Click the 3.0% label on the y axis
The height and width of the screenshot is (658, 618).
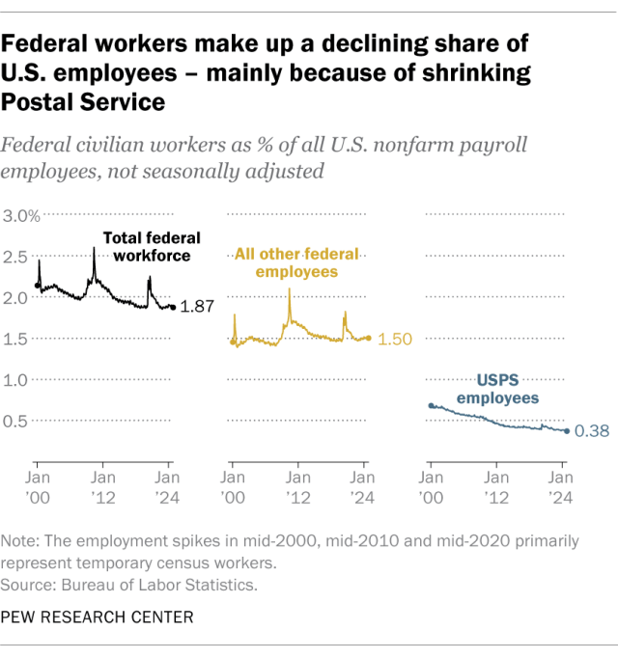[20, 215]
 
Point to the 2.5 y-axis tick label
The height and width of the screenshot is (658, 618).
[16, 257]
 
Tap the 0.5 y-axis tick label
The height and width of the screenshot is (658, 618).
[16, 421]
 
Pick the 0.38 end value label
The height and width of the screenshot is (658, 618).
[591, 431]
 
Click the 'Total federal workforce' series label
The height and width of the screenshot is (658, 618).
[147, 246]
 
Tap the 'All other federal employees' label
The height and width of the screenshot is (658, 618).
[296, 262]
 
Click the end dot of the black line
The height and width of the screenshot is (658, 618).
[173, 308]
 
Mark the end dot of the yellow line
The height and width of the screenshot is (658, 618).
[369, 338]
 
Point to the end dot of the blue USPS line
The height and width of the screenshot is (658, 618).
[566, 430]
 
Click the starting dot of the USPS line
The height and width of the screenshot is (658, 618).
[431, 406]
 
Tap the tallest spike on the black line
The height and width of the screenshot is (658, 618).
[94, 249]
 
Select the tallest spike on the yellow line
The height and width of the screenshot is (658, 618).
[290, 288]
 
